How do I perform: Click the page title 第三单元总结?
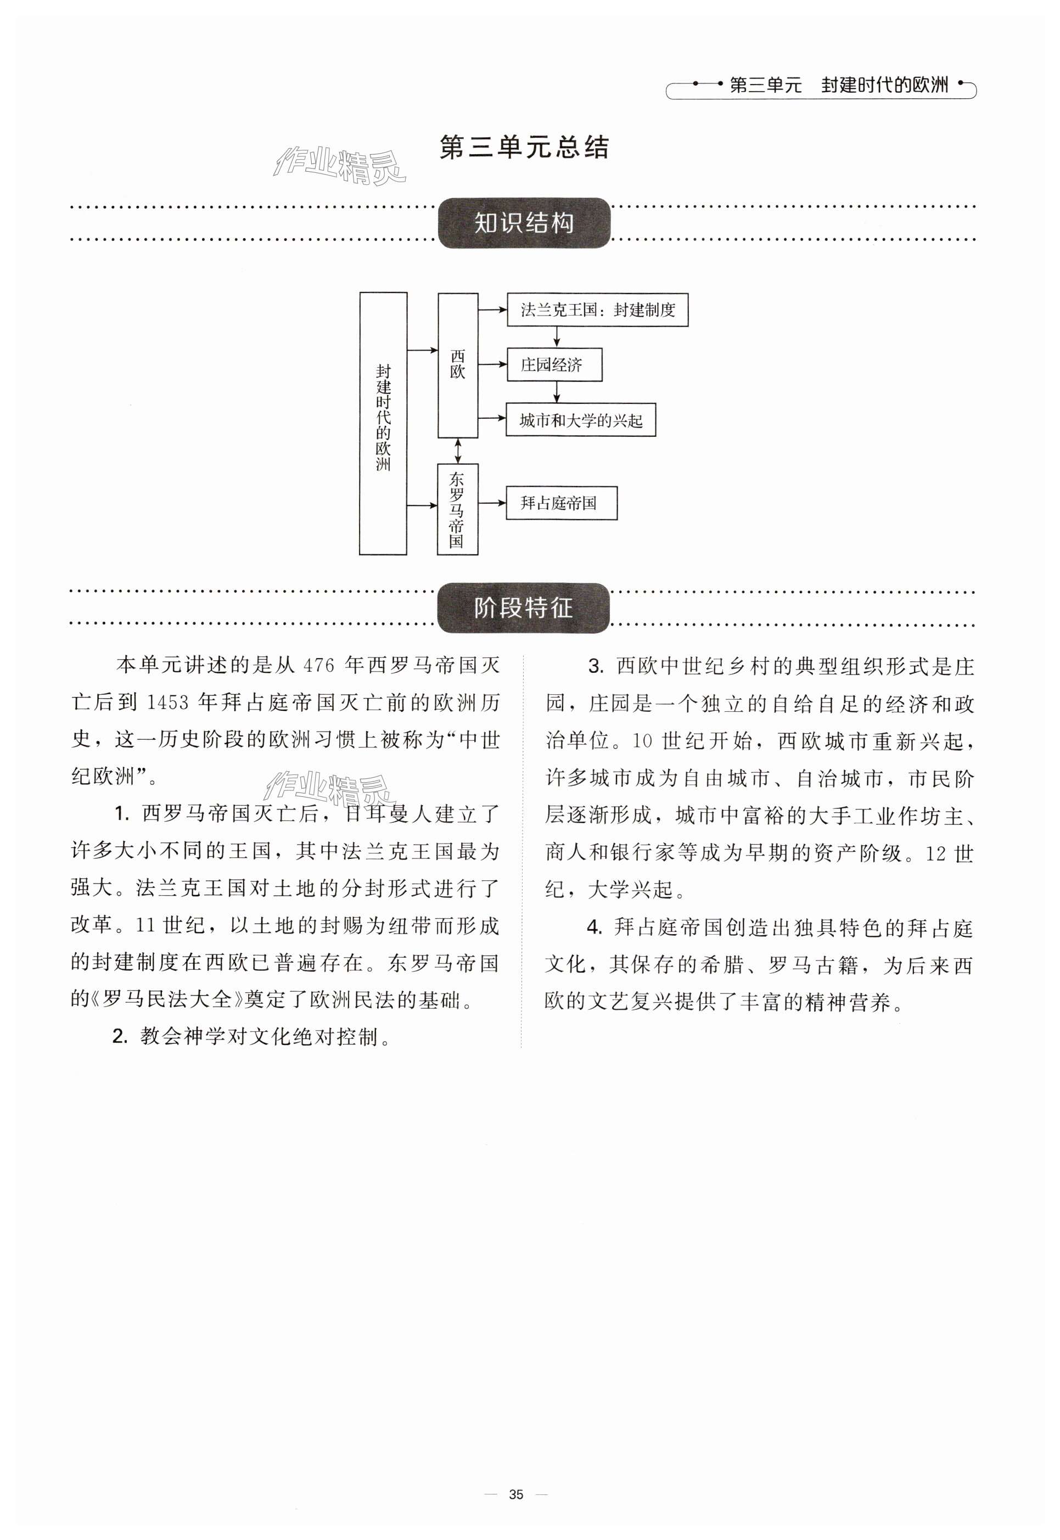click(x=524, y=148)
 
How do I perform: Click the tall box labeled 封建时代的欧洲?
click(x=383, y=423)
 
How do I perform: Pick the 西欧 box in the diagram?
click(x=458, y=366)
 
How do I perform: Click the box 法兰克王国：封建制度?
click(x=597, y=310)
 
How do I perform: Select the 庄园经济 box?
click(x=554, y=364)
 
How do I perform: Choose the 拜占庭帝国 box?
click(x=560, y=503)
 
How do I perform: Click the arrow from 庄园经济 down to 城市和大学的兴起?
click(x=557, y=392)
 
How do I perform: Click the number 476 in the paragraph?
click(x=319, y=665)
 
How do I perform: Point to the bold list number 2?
click(x=120, y=1037)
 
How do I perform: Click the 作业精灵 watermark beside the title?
click(x=339, y=165)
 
